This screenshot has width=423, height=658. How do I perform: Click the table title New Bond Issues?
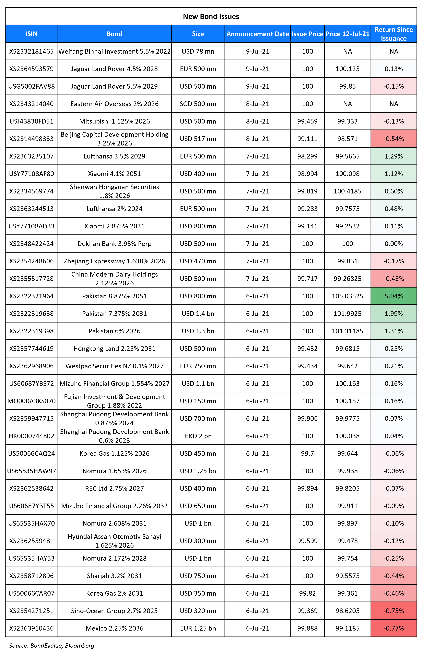point(211,16)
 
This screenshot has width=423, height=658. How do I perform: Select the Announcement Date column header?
point(258,34)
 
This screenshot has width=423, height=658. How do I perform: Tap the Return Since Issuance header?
point(394,34)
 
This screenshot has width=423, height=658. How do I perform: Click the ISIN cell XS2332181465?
point(32,51)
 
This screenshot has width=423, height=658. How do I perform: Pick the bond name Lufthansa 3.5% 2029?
point(115,156)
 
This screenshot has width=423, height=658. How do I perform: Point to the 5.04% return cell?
point(394,296)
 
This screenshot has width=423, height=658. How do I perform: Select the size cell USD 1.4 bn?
point(198,314)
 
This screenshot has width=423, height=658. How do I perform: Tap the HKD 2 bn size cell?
point(198,436)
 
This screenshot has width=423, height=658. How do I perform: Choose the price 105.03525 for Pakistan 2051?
point(348,296)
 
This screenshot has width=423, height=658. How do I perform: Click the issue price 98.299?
point(307,156)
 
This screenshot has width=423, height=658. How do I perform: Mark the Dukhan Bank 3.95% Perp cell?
point(115,244)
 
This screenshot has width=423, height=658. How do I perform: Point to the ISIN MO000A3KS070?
point(32,401)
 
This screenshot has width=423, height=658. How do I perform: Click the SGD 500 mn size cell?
point(198,104)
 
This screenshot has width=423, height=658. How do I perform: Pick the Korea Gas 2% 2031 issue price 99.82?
point(307,593)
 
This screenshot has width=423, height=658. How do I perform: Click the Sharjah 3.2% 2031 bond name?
point(115,576)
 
